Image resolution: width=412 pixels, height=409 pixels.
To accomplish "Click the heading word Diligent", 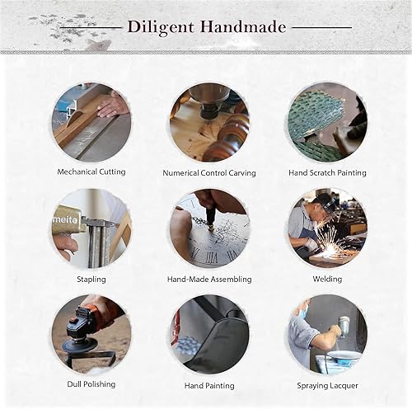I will pos(158,27).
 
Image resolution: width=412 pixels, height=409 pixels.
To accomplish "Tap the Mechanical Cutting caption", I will pos(91,172).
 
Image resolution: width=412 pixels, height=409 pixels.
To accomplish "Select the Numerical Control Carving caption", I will pos(209,173).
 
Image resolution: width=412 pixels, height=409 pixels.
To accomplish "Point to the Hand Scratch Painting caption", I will pos(327,172).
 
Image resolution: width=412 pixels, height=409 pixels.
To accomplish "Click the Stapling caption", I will pos(91,279).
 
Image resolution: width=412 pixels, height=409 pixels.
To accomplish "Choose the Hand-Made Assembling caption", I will pos(209,279).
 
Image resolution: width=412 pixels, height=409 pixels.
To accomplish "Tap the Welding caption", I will pos(327,279).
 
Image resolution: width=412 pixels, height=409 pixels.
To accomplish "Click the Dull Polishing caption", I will pos(91,384).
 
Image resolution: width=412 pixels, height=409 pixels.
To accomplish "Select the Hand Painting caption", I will pos(209,385).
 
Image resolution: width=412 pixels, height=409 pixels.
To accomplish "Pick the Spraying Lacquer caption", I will pos(327,385).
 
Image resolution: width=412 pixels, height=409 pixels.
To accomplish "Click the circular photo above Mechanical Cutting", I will pos(91,122).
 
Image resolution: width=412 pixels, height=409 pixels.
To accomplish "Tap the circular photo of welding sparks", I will pos(327,228).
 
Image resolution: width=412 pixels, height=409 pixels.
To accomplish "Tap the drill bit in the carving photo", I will pos(205,106).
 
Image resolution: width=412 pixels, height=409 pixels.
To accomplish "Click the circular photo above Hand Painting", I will pos(209,334).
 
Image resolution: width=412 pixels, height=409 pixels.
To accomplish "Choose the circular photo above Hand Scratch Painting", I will pos(327,122).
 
